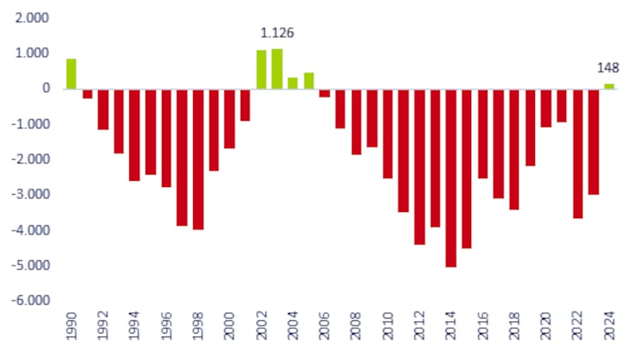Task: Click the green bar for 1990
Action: click(x=71, y=73)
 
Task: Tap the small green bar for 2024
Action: click(x=609, y=86)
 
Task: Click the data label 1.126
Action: click(x=276, y=34)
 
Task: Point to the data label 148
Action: click(x=608, y=68)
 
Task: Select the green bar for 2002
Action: click(x=261, y=69)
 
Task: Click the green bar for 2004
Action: click(x=293, y=83)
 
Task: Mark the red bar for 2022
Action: click(x=578, y=153)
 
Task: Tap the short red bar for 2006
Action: click(x=324, y=92)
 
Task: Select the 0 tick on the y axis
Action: click(x=46, y=89)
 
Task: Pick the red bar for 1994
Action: click(x=134, y=134)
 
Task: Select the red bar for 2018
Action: click(x=514, y=149)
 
